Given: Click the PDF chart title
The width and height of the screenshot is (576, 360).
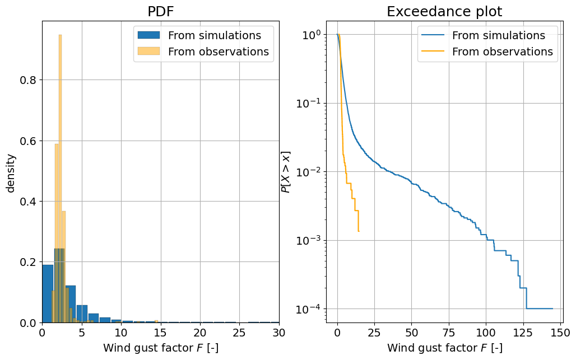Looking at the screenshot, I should (x=160, y=12).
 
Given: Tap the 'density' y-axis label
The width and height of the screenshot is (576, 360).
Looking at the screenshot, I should (x=11, y=172).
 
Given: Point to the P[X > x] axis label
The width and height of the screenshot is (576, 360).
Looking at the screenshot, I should (x=286, y=172).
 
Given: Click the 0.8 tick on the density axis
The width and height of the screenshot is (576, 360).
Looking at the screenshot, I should (x=29, y=80).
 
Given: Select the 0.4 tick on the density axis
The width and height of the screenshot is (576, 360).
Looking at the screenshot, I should (x=29, y=202).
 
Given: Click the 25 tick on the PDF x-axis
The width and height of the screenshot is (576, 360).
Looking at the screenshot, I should (x=239, y=333).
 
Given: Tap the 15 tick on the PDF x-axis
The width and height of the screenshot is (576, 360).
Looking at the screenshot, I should (x=160, y=333).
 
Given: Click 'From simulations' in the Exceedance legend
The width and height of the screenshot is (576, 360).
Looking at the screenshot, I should (x=498, y=35).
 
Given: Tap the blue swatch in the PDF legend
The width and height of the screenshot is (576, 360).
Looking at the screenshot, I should (x=148, y=35).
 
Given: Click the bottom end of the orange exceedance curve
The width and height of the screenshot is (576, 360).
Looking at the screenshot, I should (x=358, y=231).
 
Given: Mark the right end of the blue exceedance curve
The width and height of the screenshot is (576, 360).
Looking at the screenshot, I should (x=552, y=308).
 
